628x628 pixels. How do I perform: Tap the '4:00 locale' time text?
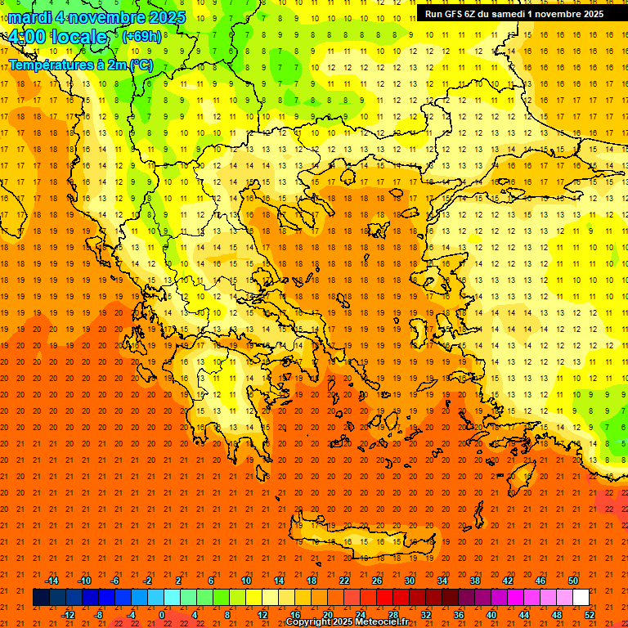[x=56, y=38]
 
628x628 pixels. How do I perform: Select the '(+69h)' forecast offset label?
[x=141, y=37]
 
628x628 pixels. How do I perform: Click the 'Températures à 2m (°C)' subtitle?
[x=80, y=65]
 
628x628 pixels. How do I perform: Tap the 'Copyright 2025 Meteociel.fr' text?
[x=348, y=622]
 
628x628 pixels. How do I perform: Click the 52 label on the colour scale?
[x=589, y=615]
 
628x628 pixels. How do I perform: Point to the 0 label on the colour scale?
[x=163, y=615]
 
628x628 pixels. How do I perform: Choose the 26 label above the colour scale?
[x=377, y=581]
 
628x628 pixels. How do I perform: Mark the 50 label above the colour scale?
[x=572, y=581]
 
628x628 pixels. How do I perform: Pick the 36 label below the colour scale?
[x=458, y=615]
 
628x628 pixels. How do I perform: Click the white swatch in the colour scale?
[x=581, y=598]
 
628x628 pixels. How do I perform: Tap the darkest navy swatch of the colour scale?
[x=41, y=598]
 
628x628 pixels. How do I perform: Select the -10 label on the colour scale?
[x=83, y=581]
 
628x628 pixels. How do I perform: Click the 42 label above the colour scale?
[x=507, y=581]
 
